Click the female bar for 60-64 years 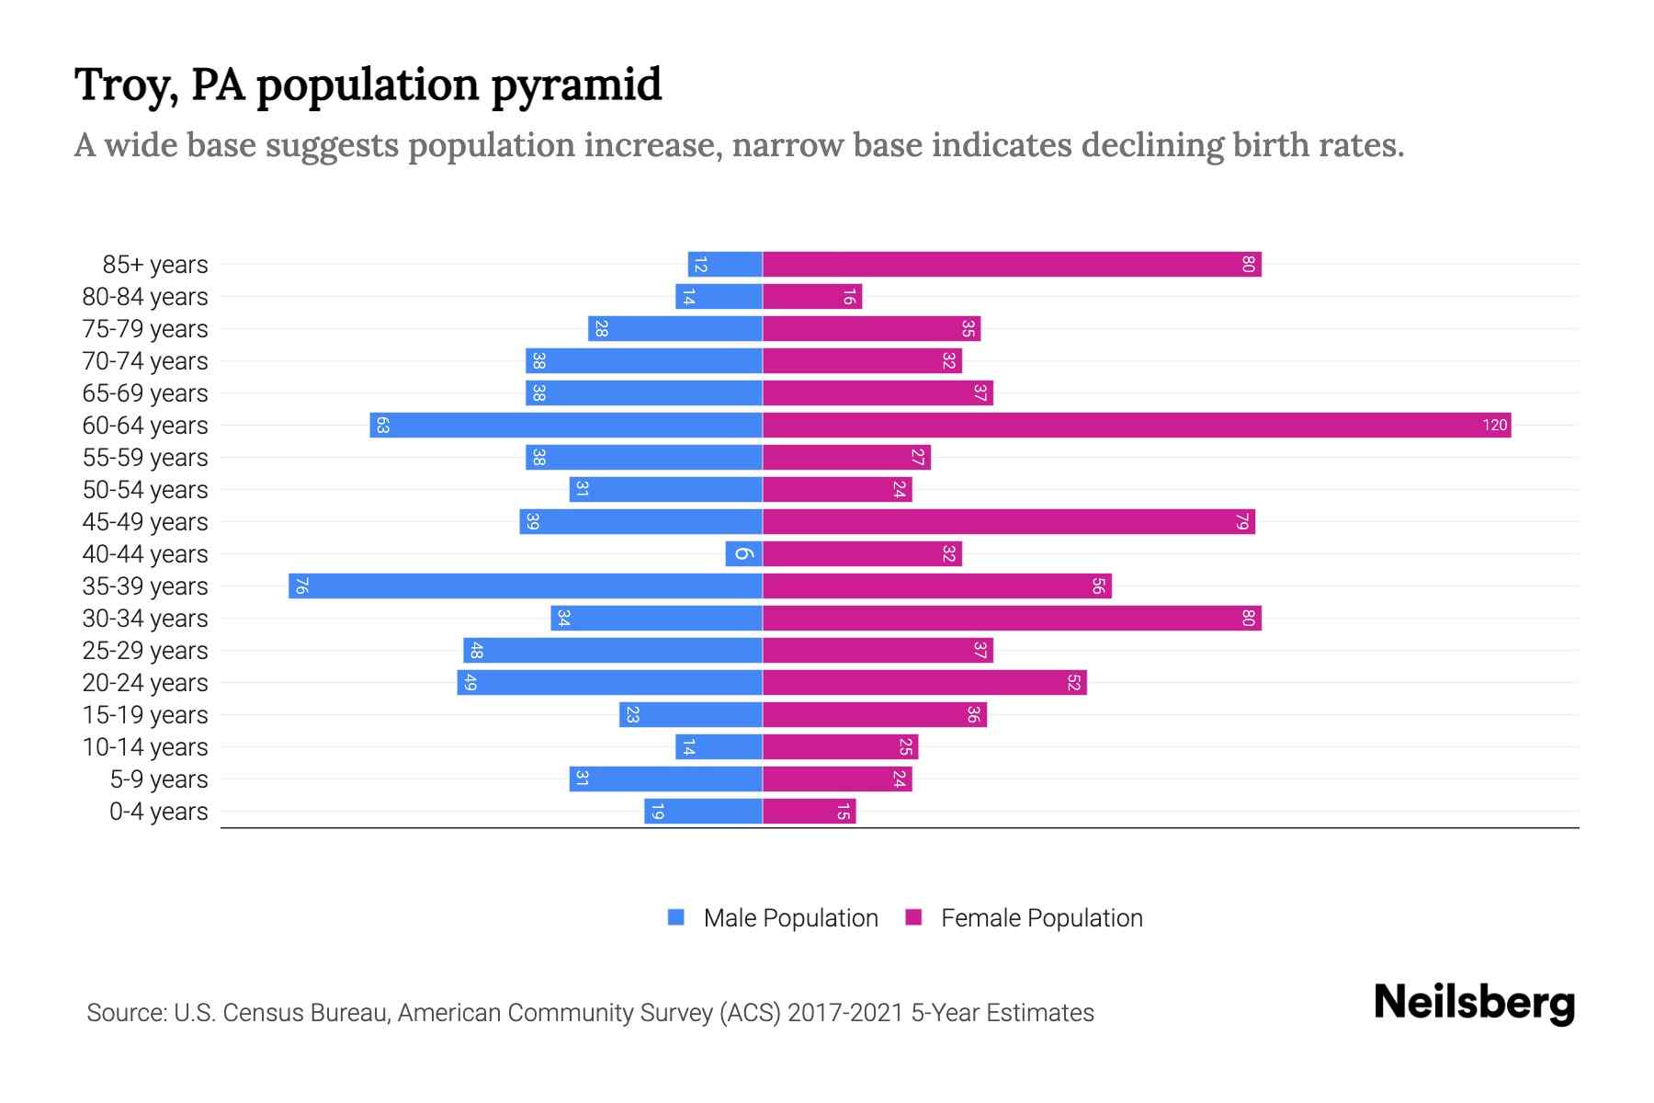click(x=1137, y=426)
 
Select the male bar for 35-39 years click(x=526, y=586)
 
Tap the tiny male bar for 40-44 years click(x=743, y=554)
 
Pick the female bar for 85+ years click(x=1011, y=265)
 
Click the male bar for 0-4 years click(x=703, y=812)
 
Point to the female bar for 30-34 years click(x=1011, y=619)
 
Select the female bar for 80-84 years click(x=812, y=297)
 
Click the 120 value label click(x=1494, y=426)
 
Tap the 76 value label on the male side click(x=301, y=586)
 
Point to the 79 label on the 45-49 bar click(x=1242, y=522)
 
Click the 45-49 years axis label click(x=145, y=522)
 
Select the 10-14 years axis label click(x=145, y=747)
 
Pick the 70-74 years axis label click(x=145, y=361)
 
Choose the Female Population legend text click(x=1041, y=918)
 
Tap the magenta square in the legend click(x=913, y=917)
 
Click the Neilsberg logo click(x=1474, y=1003)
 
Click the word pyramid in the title click(x=576, y=85)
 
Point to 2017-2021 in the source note click(x=845, y=1013)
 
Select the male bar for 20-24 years click(x=610, y=683)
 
